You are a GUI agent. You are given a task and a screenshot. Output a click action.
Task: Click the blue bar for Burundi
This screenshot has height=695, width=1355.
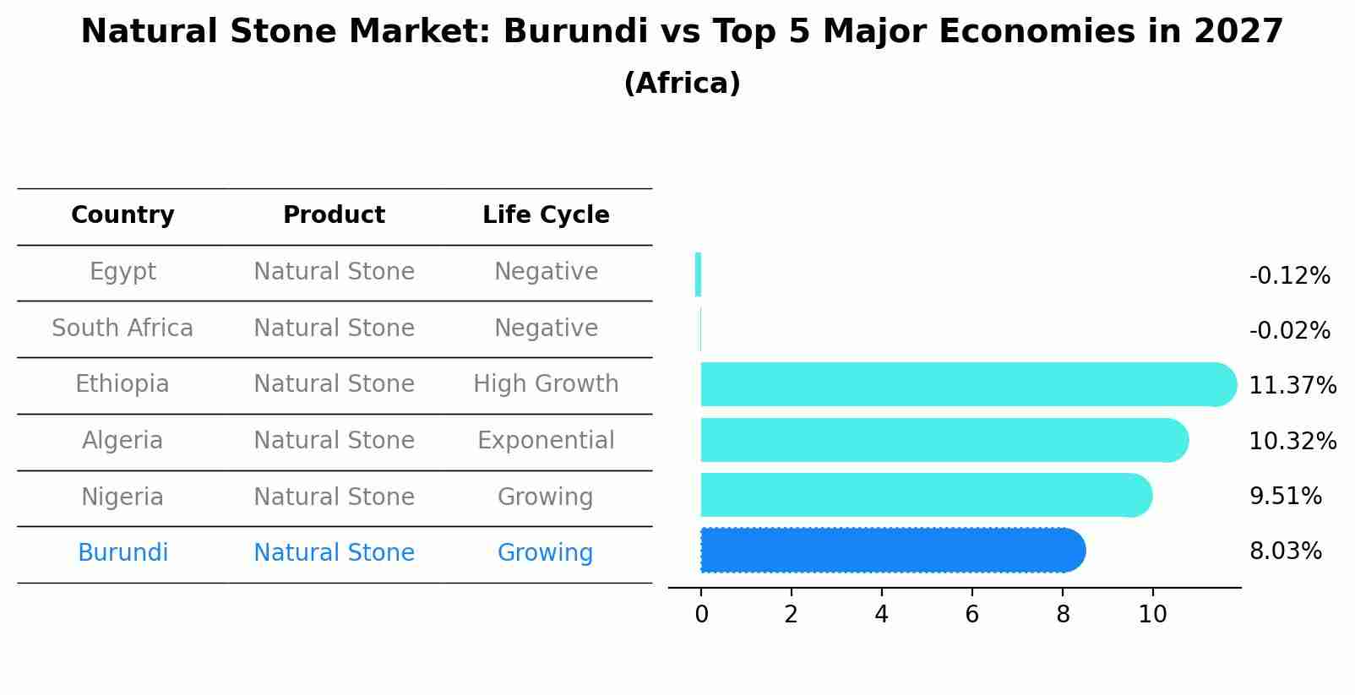[891, 551]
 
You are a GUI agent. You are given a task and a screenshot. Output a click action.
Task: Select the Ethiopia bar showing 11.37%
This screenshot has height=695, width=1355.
[967, 384]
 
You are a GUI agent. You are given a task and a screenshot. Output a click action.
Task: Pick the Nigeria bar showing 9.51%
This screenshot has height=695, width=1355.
[925, 495]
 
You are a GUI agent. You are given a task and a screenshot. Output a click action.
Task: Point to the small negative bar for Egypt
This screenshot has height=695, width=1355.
[698, 274]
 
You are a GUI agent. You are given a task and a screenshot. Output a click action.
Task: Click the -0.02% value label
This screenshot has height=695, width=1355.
[1289, 330]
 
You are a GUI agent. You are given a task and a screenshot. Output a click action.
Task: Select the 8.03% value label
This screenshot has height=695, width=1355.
[1285, 551]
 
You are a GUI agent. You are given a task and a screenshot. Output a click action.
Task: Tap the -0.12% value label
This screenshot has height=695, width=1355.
[1289, 275]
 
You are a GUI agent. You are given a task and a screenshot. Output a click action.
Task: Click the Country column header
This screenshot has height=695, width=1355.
[122, 215]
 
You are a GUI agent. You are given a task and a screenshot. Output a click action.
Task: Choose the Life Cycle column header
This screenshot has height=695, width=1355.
[546, 215]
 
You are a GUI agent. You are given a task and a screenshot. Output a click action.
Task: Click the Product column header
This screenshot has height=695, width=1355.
[334, 215]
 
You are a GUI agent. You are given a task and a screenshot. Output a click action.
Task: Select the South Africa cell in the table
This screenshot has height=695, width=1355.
[122, 328]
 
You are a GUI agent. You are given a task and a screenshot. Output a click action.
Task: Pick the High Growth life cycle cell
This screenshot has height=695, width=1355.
[546, 384]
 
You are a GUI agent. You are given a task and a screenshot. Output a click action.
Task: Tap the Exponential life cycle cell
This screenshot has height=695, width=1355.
[546, 440]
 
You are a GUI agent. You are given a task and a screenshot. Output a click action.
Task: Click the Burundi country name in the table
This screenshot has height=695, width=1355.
[122, 553]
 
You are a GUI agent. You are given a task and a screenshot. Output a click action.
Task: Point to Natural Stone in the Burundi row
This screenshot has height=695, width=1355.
[334, 553]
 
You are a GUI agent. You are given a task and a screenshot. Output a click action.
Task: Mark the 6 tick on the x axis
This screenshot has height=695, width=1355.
[971, 615]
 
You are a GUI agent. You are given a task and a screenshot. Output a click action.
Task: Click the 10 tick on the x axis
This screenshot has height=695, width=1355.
[1152, 615]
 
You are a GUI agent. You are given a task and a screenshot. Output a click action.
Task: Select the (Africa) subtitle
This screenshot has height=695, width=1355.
[682, 84]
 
